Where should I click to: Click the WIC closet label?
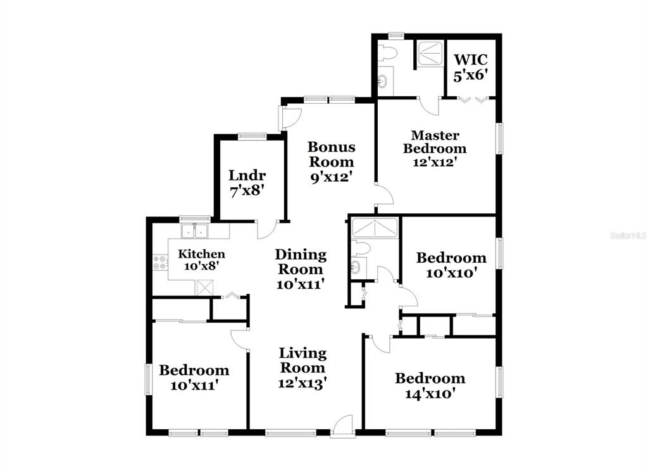pos(470,60)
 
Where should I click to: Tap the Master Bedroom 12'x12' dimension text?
pos(434,162)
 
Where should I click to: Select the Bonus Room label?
pos(332,154)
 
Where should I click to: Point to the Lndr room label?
pos(247,175)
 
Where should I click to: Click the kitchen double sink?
pos(195,231)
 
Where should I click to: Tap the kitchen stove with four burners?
pos(160,262)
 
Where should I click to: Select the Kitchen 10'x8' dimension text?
pos(201,266)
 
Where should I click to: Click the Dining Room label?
pos(301,261)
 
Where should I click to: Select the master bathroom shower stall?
pos(430,53)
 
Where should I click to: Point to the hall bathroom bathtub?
pos(374,228)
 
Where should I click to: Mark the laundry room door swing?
pos(267,230)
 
